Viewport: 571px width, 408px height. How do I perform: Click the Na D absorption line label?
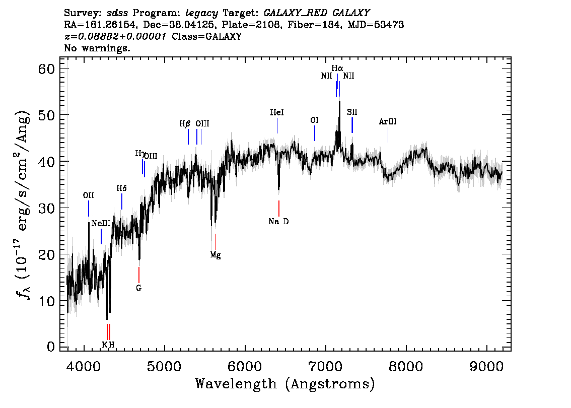pyautogui.click(x=278, y=222)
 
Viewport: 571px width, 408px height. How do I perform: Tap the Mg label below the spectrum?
pyautogui.click(x=215, y=255)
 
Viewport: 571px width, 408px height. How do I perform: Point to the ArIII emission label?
pyautogui.click(x=388, y=122)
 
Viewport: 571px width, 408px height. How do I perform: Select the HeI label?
pyautogui.click(x=277, y=112)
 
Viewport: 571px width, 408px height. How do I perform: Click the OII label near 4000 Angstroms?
pyautogui.click(x=89, y=195)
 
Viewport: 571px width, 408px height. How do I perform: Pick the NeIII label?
pyautogui.click(x=101, y=223)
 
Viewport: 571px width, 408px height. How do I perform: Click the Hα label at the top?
pyautogui.click(x=337, y=68)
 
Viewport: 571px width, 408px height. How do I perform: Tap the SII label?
pyautogui.click(x=352, y=112)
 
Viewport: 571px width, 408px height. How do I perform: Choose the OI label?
pyautogui.click(x=314, y=120)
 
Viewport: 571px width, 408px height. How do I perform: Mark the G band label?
pyautogui.click(x=139, y=288)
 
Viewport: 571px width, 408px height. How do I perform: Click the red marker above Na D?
pyautogui.click(x=279, y=209)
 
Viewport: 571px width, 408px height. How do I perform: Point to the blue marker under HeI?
pyautogui.click(x=277, y=126)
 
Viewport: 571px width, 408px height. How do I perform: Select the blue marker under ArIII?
pyautogui.click(x=388, y=135)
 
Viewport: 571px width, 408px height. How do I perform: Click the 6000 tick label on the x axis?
pyautogui.click(x=245, y=366)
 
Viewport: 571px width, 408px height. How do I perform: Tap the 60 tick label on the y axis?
pyautogui.click(x=46, y=69)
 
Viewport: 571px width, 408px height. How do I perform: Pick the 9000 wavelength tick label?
pyautogui.click(x=486, y=366)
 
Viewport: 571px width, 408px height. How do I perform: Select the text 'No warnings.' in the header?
pyautogui.click(x=97, y=48)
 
